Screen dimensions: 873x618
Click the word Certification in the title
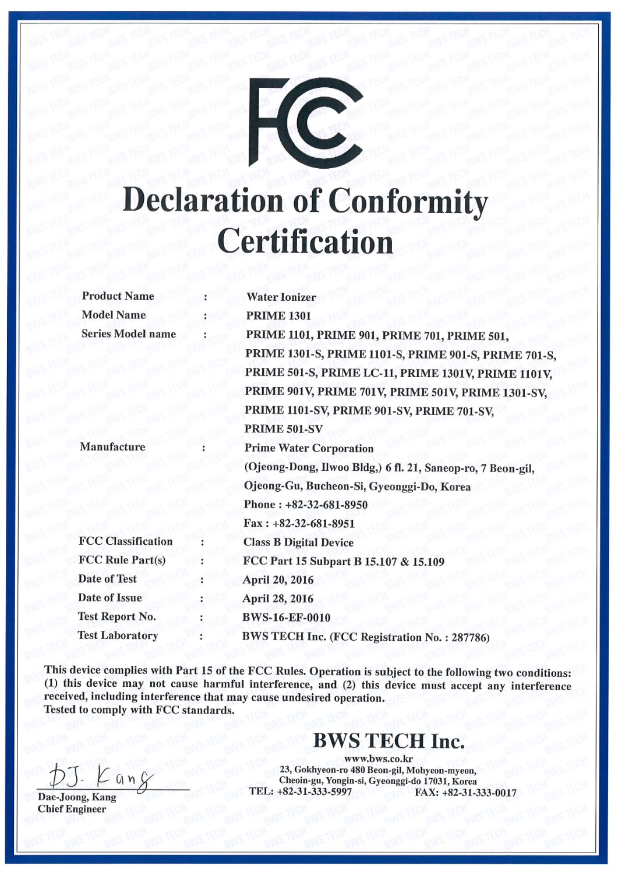[305, 242]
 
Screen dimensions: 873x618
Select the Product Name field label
[118, 296]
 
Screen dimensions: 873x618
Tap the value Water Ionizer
[281, 297]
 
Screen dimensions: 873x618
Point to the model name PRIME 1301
[278, 316]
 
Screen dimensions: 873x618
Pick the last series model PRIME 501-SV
[283, 429]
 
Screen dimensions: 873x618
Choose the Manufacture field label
[112, 447]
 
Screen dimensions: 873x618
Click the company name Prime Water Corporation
[309, 448]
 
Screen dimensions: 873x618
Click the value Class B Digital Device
[298, 542]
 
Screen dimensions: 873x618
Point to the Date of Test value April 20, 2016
[278, 580]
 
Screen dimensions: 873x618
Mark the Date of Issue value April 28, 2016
[278, 599]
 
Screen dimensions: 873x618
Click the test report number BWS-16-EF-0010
[286, 618]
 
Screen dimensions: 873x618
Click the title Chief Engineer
[72, 809]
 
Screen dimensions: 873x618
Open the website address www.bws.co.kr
[378, 759]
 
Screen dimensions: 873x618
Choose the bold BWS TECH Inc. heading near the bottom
[389, 741]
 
